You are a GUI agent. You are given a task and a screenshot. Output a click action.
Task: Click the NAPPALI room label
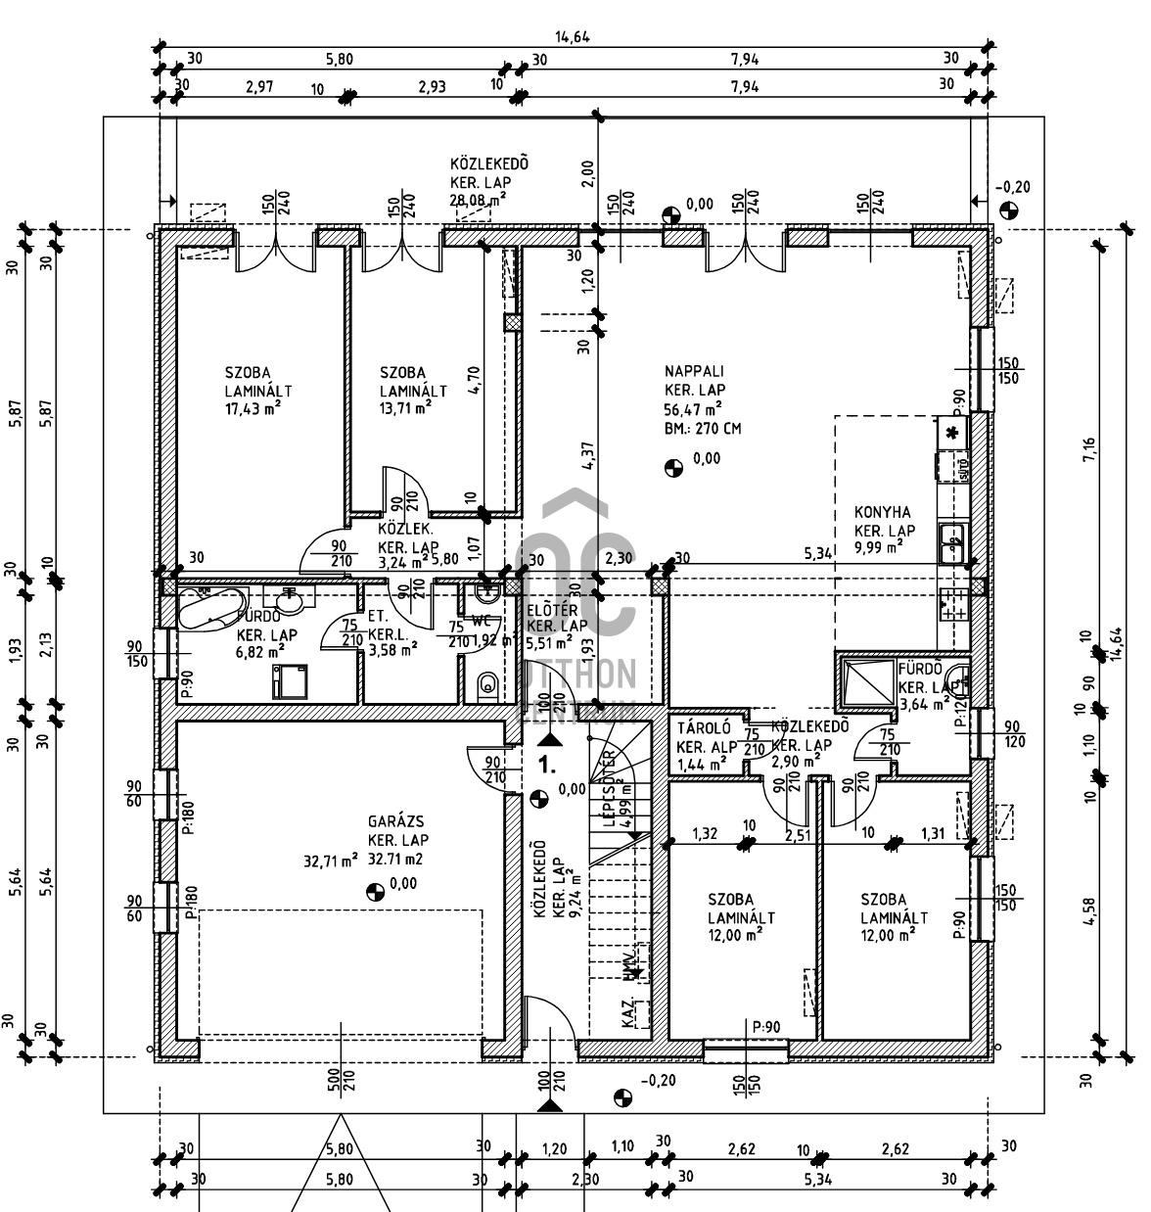tap(694, 371)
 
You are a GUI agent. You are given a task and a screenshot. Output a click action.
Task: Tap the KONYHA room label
tap(882, 512)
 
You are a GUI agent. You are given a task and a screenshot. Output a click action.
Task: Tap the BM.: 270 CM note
tap(702, 429)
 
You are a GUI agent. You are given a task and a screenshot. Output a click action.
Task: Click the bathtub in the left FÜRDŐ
tap(207, 609)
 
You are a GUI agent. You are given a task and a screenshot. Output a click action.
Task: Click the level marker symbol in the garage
tap(373, 890)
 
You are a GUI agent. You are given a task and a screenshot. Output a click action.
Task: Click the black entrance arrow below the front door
tap(549, 1104)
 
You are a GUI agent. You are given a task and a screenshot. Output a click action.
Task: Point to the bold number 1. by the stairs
tap(549, 756)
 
